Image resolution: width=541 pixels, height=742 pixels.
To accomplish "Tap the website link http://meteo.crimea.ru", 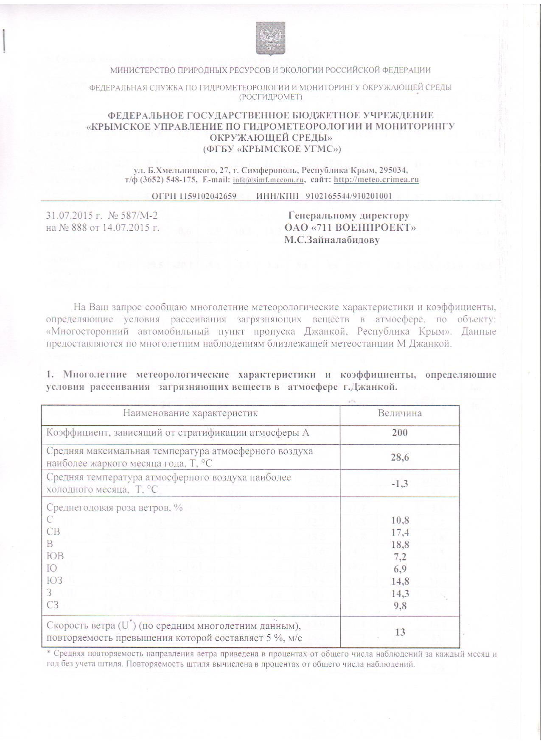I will coord(376,180).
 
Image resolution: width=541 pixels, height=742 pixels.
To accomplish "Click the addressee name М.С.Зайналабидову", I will coord(332,240).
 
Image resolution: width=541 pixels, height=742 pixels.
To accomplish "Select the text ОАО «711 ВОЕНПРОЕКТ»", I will coord(350,228).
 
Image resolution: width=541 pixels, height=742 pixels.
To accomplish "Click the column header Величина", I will coord(400,413).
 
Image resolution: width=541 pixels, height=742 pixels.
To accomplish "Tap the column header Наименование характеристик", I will coord(191,413).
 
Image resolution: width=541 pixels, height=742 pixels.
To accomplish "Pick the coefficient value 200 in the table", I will coord(400,432).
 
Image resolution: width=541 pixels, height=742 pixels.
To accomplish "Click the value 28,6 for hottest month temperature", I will coord(400,457).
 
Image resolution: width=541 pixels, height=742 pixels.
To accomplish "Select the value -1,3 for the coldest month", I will coord(400,483).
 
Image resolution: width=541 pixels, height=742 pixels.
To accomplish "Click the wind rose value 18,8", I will coord(400,544).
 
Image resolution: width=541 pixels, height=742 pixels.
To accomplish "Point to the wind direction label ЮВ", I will coord(55,556).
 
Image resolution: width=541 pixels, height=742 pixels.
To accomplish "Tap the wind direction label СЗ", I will coord(53,605).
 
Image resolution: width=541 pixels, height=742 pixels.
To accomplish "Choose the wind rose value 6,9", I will coord(400,569).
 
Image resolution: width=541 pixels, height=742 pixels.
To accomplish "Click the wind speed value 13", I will coord(400,632).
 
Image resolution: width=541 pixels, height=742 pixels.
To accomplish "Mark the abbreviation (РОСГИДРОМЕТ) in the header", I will coord(270,97).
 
